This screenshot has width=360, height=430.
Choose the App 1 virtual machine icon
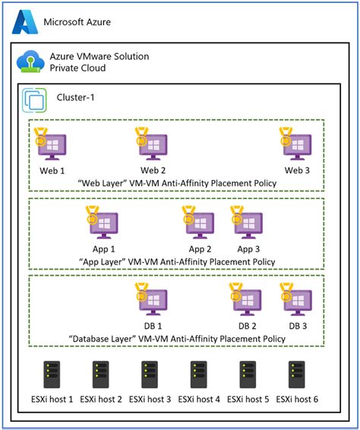103,223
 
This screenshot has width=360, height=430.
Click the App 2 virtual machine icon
200,223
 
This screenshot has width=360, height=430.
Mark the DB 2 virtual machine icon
248,302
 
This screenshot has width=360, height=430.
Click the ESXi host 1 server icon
51,375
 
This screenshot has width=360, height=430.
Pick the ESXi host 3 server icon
150,375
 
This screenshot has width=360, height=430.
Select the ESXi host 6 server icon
297,375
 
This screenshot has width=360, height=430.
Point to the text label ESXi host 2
100,400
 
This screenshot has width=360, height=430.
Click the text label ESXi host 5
248,400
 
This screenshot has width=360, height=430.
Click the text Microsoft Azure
77,22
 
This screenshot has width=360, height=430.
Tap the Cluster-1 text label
76,97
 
